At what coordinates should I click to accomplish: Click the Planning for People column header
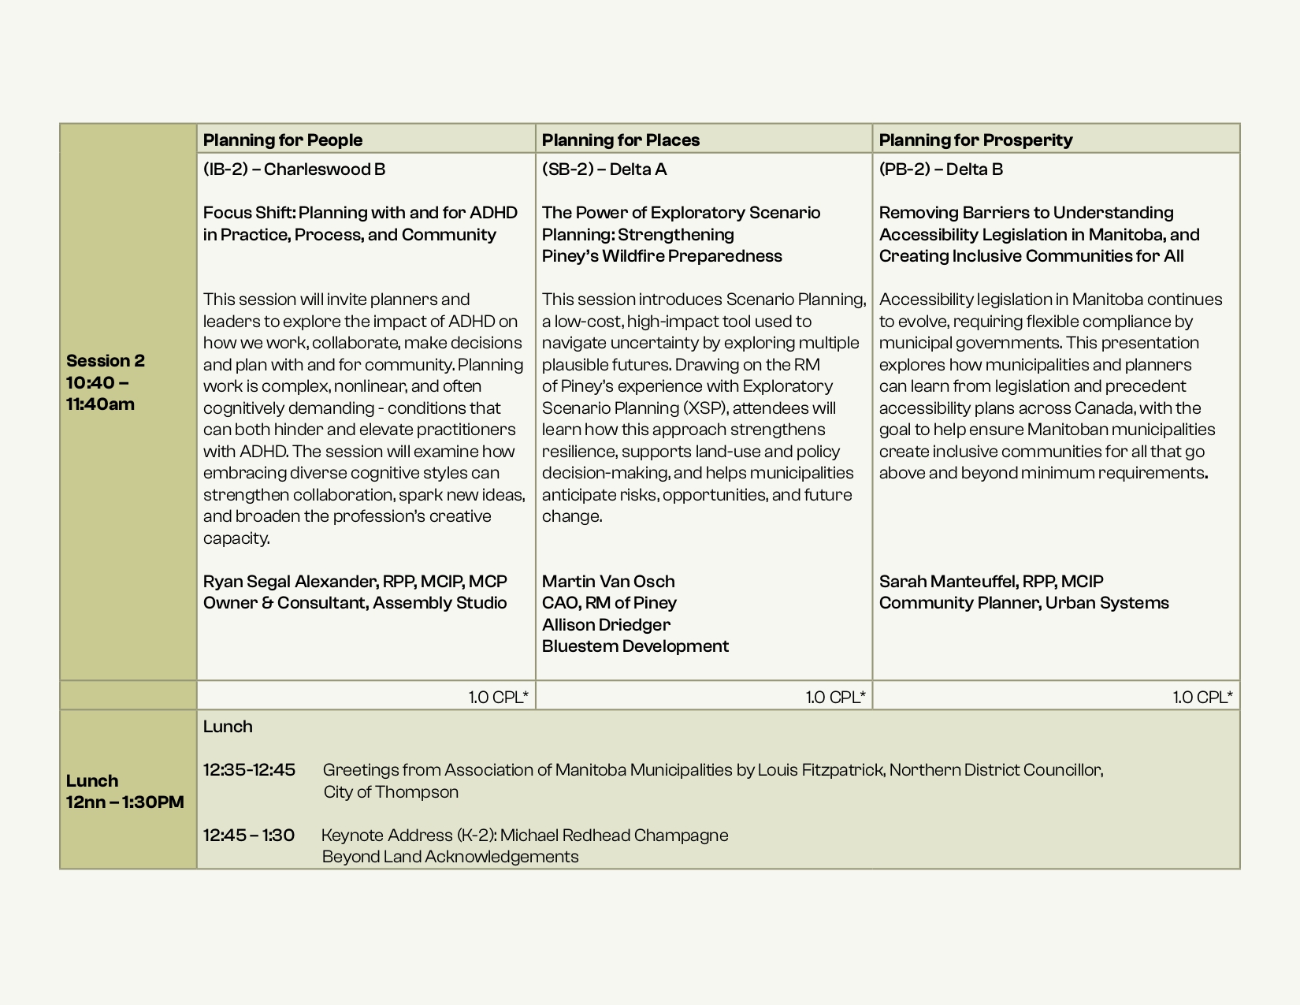coord(283,140)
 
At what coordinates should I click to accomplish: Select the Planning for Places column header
coord(621,140)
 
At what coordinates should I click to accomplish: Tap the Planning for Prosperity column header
coord(975,140)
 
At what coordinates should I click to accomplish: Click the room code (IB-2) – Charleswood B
coord(294,169)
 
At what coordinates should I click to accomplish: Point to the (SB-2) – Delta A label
coord(604,169)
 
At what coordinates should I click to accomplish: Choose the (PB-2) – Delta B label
coord(941,169)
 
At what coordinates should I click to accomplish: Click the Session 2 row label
coord(106,361)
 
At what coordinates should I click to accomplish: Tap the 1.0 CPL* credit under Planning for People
coord(498,697)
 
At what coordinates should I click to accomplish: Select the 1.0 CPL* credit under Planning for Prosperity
coord(1202,697)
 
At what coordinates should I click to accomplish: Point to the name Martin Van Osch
coord(608,582)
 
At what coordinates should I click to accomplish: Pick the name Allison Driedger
coord(606,625)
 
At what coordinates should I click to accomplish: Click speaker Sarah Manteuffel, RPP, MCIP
coord(991,582)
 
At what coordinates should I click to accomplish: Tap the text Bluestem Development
coord(635,646)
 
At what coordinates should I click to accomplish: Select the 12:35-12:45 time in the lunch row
coord(249,770)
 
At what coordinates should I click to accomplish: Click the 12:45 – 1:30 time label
coord(249,836)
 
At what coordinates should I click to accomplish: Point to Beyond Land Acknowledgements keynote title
coord(450,857)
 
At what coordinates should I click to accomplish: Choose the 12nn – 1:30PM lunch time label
coord(124,802)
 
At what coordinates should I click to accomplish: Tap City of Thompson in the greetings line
coord(391,792)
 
